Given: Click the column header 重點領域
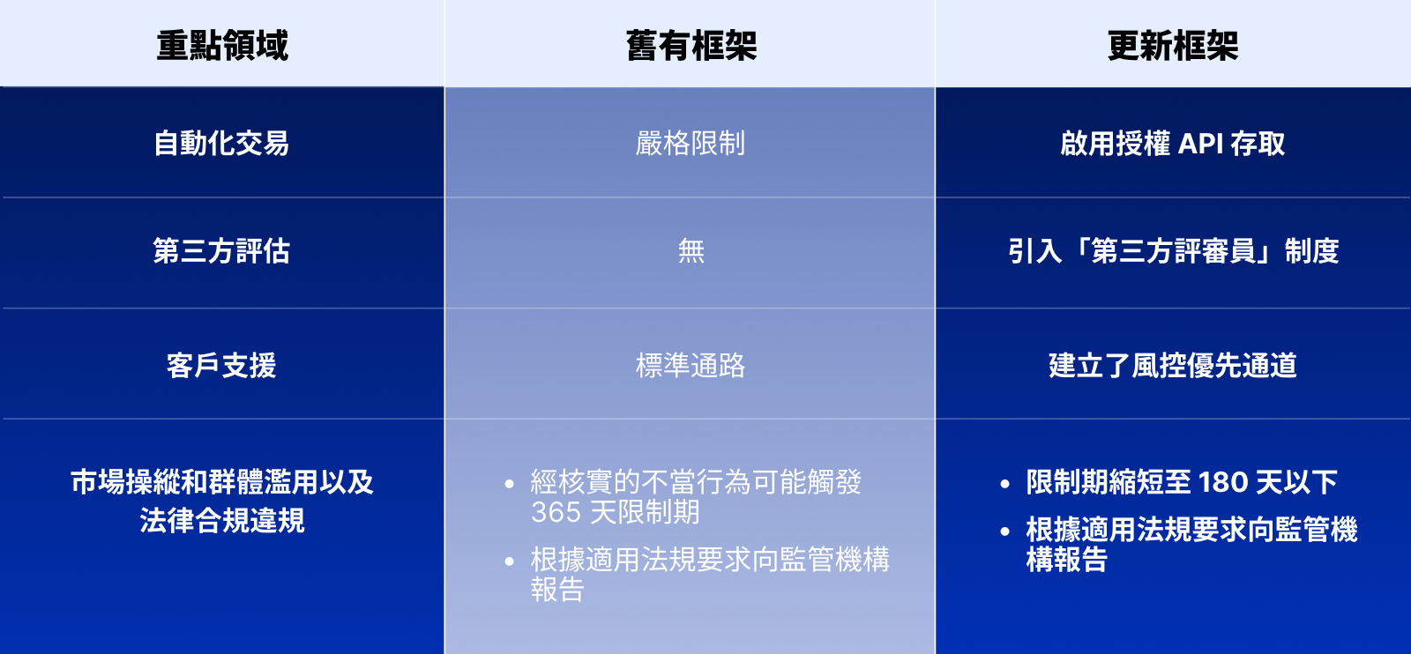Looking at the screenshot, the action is click(222, 46).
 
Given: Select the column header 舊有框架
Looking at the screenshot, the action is click(691, 46).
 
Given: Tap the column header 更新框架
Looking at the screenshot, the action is click(1173, 46).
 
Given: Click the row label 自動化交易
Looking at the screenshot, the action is click(221, 143).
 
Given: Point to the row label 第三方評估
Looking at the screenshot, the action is click(221, 250).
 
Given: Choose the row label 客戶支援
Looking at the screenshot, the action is click(221, 365).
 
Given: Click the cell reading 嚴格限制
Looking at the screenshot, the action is click(691, 143).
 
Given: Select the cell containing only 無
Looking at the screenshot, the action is click(691, 250).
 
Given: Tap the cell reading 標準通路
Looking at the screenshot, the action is click(691, 365).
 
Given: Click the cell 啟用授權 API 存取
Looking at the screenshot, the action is click(1173, 143).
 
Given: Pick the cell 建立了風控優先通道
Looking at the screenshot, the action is click(1173, 365).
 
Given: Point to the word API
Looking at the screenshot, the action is click(1200, 144).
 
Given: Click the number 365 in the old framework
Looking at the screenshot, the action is click(556, 512).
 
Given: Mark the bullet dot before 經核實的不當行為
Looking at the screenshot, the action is click(509, 483).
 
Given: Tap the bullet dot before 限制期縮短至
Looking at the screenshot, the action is click(1004, 483).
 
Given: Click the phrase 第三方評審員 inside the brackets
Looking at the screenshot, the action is click(1173, 250).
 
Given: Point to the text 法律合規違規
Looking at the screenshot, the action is click(222, 521).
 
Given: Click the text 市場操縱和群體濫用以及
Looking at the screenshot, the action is click(222, 482).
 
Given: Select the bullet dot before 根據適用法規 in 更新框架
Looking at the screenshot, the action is click(1004, 531).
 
